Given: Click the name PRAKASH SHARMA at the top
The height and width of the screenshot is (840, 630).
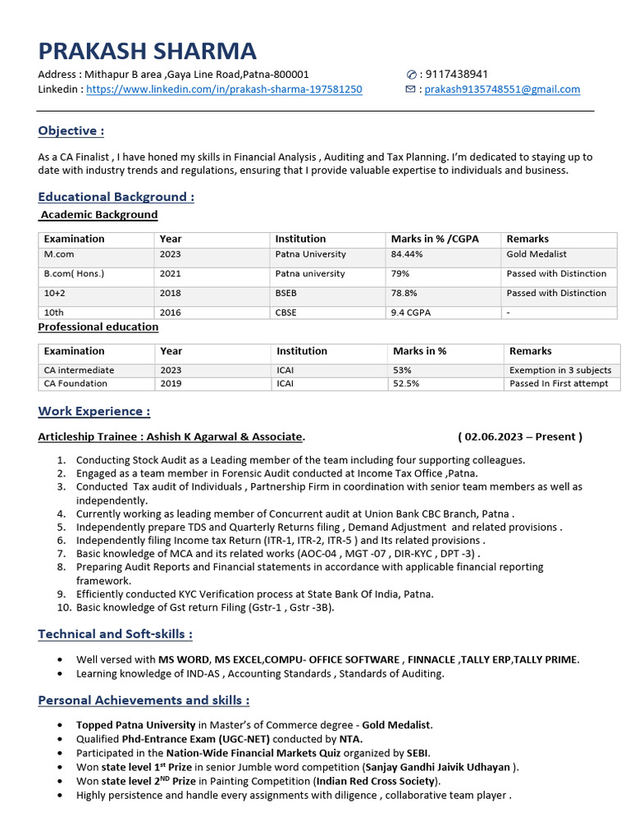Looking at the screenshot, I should (x=147, y=51).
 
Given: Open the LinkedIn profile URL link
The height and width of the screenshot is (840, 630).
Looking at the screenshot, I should (x=224, y=89).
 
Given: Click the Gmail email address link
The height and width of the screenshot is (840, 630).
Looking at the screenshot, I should (x=502, y=89).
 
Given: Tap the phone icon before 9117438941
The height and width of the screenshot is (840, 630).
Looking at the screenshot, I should (x=412, y=75).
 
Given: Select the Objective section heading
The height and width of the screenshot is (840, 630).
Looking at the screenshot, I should (x=71, y=131).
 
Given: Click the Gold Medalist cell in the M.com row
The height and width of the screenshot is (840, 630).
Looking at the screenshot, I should (x=536, y=254).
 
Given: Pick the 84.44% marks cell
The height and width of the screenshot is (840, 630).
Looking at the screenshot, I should (x=407, y=254).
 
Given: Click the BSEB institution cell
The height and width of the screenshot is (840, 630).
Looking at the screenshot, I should (x=288, y=293).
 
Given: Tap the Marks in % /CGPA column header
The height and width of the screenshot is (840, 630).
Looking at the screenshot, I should (x=435, y=239).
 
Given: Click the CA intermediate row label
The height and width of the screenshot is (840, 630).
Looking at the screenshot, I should (x=80, y=370).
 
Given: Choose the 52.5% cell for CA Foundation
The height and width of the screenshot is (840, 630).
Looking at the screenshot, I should (x=407, y=383).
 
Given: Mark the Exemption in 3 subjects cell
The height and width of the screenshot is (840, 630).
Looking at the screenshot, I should (x=560, y=370).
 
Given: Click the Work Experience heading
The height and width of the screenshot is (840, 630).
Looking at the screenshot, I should (x=94, y=411).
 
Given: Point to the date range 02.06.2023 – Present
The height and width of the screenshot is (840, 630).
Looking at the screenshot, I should (x=520, y=436).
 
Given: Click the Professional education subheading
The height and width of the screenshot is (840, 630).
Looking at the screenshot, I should (x=98, y=326).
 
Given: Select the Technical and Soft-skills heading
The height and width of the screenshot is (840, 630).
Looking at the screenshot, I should (x=116, y=634).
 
